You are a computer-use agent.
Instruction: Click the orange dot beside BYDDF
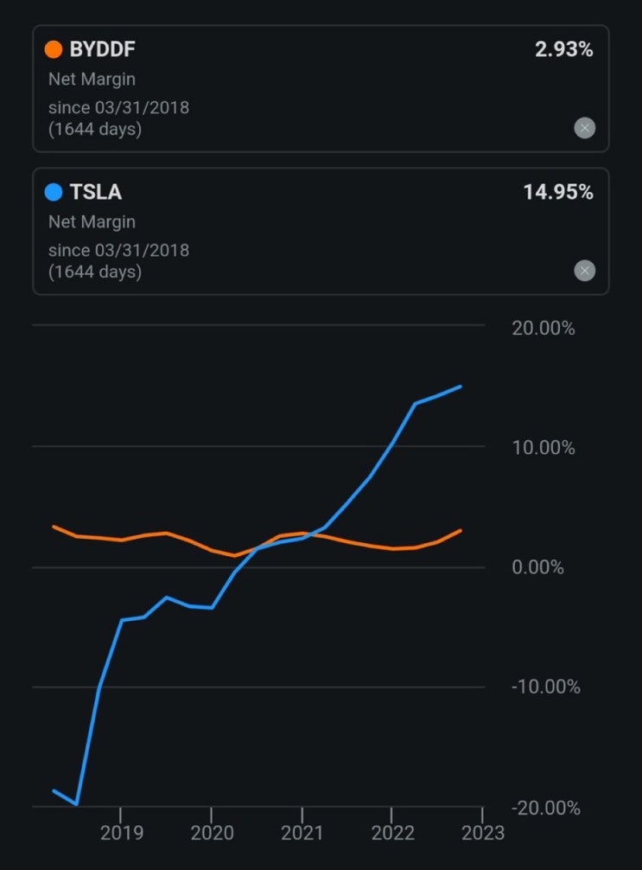click(x=54, y=49)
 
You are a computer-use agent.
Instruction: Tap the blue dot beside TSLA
click(x=54, y=192)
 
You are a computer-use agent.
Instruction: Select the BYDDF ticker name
click(x=103, y=49)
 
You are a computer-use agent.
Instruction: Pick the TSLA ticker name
click(x=96, y=192)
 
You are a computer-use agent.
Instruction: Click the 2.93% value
click(x=563, y=49)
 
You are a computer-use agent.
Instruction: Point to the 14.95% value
click(x=558, y=192)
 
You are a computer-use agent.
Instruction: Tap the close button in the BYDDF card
click(x=585, y=129)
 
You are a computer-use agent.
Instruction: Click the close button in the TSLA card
click(x=585, y=272)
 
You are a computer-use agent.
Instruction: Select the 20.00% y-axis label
click(x=543, y=329)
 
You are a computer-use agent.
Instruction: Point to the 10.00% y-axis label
click(x=543, y=448)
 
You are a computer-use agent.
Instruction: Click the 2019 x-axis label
click(x=120, y=833)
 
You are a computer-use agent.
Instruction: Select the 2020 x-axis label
click(x=211, y=833)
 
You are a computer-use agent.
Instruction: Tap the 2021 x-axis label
click(x=302, y=833)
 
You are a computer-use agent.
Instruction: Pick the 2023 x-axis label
click(x=482, y=833)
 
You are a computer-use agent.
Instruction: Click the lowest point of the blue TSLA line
click(x=77, y=804)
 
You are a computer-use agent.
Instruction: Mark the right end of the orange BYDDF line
click(x=461, y=530)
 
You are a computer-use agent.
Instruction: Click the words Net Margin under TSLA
click(x=92, y=222)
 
